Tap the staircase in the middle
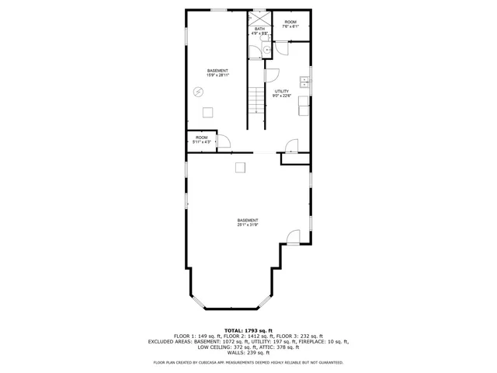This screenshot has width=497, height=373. pos(255,109)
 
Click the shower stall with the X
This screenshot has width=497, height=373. pos(259,18)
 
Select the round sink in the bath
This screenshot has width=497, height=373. pos(266,49)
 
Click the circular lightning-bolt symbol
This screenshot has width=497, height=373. pos(199,92)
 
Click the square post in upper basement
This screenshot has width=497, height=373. pos(207,112)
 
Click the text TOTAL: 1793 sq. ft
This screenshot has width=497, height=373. pos(248,330)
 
